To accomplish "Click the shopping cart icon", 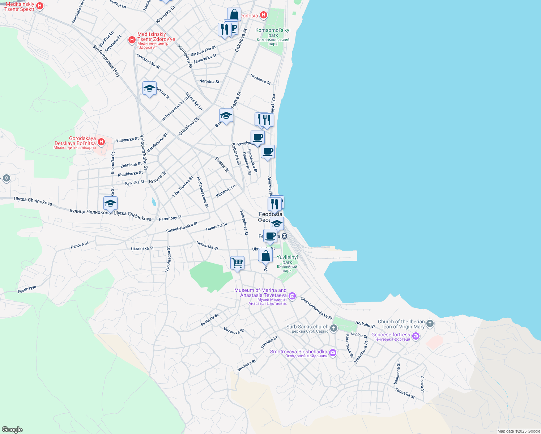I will (x=237, y=263).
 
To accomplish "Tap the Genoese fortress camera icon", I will (x=416, y=336).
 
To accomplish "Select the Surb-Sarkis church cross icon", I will (x=333, y=328).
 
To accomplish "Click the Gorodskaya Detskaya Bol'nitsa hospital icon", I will (x=101, y=142).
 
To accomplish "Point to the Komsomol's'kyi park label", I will (x=273, y=33).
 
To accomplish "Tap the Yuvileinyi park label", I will (x=287, y=260).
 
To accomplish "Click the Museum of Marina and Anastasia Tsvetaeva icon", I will (x=292, y=297).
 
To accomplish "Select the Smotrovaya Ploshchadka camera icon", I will (x=332, y=353).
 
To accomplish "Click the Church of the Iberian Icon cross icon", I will (x=430, y=323).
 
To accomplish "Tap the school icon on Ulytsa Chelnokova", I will (x=110, y=203).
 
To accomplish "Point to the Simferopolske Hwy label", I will (x=106, y=60).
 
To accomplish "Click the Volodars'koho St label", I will (x=144, y=152).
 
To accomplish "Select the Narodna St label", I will (x=209, y=81).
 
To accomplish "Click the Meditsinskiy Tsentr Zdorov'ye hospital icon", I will (x=132, y=40).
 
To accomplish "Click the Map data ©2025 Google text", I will (x=518, y=431).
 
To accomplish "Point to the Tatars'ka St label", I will (x=405, y=393).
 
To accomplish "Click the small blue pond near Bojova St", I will (x=154, y=202).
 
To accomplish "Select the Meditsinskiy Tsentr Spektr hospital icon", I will (x=40, y=6).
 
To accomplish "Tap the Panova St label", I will (x=80, y=245).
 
